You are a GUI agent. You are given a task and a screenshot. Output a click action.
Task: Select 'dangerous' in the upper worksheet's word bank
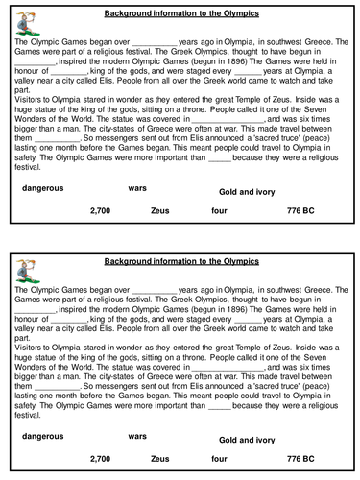(41, 188)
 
